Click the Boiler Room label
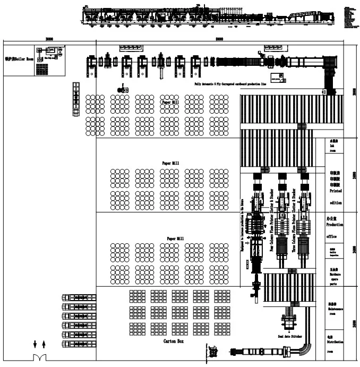(19, 59)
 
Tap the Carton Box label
(174, 341)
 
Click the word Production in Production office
(335, 225)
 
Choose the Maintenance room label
(336, 310)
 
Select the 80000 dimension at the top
(219, 39)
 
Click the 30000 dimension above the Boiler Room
(49, 39)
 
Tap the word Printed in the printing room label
(336, 190)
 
